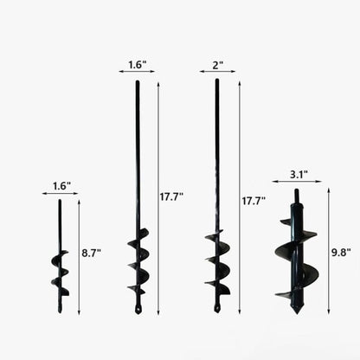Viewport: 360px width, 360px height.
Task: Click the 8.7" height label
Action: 91,254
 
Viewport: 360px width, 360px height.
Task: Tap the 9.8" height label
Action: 341,253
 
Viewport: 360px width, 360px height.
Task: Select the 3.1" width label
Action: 298,174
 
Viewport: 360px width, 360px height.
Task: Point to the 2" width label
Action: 218,66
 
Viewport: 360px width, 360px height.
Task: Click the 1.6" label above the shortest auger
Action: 61,186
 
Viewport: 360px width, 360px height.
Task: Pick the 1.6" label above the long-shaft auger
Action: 138,65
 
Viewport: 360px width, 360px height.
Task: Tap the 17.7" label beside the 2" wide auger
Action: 254,201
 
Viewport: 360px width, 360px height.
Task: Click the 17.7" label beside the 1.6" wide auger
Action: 171,197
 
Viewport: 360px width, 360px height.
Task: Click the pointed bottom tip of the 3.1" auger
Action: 297,314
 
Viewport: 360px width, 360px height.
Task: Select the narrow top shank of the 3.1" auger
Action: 296,195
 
